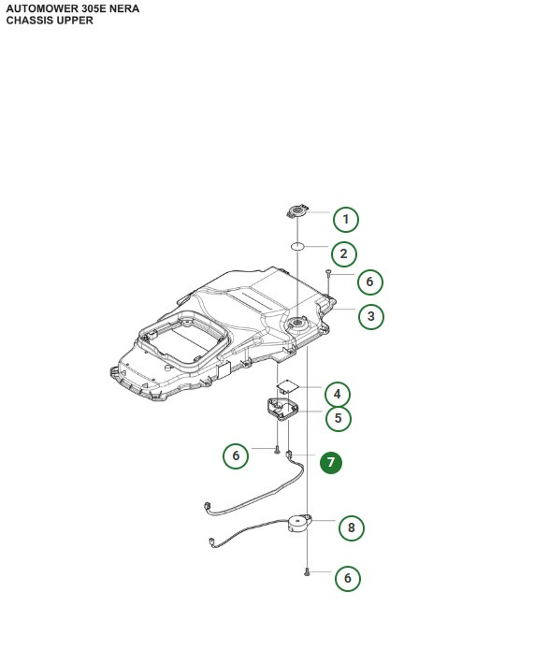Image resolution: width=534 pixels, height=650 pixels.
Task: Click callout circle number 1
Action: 345,220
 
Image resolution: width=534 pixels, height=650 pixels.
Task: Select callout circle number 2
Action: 344,253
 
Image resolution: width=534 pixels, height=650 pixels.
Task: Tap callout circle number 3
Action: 370,317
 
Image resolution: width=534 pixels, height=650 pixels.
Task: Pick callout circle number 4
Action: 337,394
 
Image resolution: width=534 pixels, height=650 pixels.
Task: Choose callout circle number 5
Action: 338,419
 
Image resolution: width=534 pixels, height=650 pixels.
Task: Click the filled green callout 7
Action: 331,463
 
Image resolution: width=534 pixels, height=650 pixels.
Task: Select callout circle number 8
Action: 351,528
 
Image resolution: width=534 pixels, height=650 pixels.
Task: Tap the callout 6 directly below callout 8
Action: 347,579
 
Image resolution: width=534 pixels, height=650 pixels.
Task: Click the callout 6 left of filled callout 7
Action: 236,456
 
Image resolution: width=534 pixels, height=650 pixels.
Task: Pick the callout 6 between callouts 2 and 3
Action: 369,282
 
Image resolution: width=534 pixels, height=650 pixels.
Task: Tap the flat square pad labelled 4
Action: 289,385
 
